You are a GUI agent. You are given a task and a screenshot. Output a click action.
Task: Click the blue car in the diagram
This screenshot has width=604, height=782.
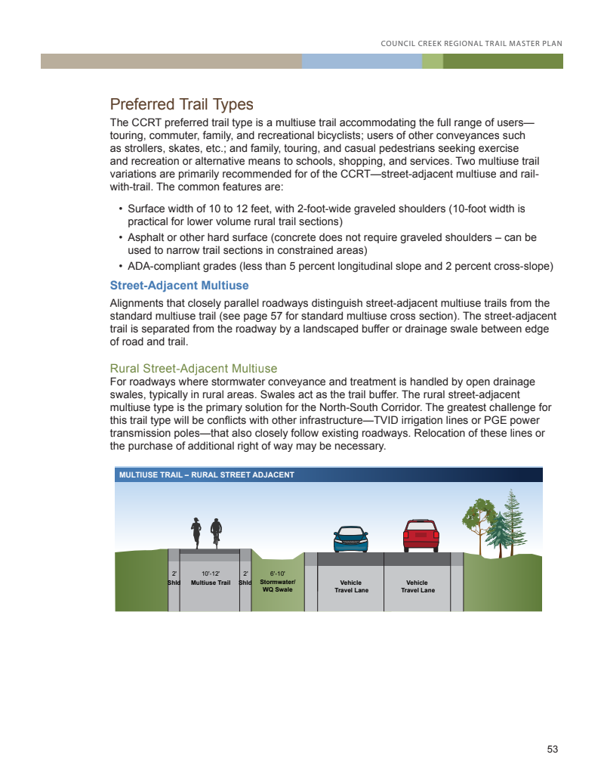(x=351, y=539)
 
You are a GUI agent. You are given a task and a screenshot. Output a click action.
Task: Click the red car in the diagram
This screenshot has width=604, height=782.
(x=421, y=536)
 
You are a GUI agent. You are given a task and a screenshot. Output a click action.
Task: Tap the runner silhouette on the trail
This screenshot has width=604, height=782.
(x=196, y=532)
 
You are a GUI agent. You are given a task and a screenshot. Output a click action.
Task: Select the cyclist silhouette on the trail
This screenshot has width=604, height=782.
(x=216, y=532)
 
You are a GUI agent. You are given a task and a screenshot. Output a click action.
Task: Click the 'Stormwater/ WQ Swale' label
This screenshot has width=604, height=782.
(x=277, y=586)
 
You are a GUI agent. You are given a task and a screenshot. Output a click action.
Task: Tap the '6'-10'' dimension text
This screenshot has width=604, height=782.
(x=277, y=573)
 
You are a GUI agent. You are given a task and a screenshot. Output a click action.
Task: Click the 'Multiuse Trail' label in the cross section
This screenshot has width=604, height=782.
(x=211, y=583)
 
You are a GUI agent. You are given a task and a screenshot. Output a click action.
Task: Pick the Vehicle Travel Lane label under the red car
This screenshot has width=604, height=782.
(x=417, y=586)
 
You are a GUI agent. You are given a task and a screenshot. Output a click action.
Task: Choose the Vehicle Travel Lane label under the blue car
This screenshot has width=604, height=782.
(x=351, y=586)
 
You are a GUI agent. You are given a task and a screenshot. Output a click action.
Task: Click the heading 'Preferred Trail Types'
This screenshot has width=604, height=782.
(x=181, y=104)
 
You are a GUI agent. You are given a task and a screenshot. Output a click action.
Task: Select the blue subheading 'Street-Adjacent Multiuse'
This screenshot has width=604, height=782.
(x=179, y=286)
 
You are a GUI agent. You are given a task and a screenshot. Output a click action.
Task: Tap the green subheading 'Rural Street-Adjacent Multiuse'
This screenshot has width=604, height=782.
(x=193, y=369)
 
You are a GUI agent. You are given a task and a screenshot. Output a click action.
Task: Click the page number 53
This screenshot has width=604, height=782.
(x=553, y=750)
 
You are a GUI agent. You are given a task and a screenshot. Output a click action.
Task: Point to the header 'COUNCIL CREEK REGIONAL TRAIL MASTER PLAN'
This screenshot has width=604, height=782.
(x=472, y=43)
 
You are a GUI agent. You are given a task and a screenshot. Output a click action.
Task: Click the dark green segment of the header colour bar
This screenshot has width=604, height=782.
(x=503, y=61)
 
